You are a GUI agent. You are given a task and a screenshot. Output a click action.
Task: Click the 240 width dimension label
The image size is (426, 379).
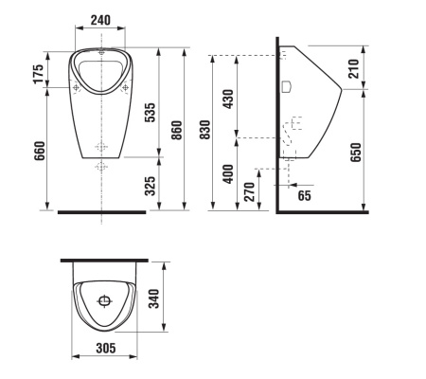(100, 20)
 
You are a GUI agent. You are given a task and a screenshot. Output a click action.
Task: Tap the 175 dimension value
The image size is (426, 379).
(39, 74)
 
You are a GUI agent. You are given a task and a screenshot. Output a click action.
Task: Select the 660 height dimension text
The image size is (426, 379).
(40, 151)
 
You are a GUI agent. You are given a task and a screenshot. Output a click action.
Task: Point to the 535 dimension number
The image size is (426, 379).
(150, 112)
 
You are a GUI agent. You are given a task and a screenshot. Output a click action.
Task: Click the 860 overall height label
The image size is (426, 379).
(177, 130)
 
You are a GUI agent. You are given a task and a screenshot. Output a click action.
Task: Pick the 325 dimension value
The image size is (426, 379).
(150, 186)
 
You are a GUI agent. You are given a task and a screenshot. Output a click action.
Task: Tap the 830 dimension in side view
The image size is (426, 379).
(204, 130)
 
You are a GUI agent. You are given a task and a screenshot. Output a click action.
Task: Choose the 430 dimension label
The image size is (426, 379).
(228, 99)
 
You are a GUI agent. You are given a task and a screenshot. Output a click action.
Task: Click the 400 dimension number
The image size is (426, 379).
(228, 173)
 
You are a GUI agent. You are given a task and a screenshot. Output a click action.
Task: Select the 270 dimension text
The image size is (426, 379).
(249, 191)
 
